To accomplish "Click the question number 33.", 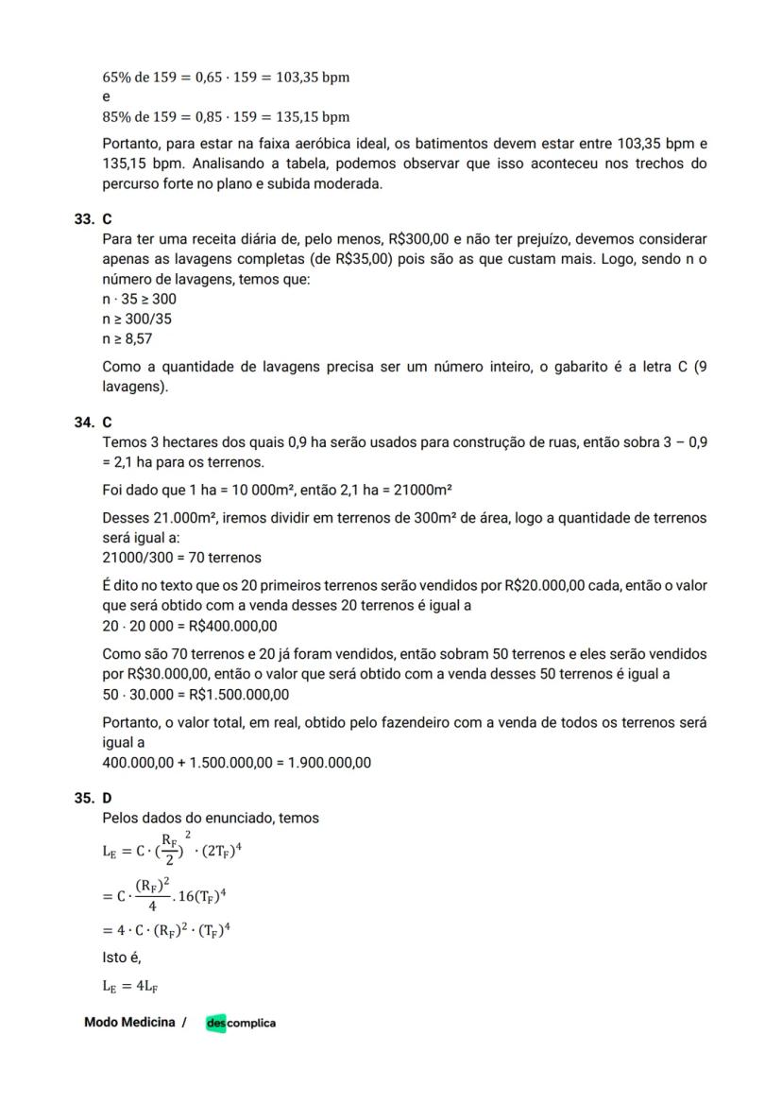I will click(83, 218).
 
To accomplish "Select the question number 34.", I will click(83, 423).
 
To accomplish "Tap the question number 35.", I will click(83, 798).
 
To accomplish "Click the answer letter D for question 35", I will click(107, 798).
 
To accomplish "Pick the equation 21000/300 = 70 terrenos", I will click(181, 558).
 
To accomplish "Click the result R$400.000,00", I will click(233, 626).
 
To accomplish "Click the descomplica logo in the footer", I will click(241, 1023).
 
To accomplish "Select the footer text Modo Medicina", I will click(129, 1022).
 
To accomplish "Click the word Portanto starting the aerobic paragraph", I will click(133, 144).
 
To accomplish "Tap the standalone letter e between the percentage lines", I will click(106, 96).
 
